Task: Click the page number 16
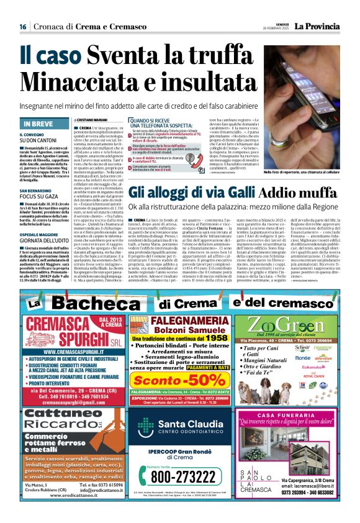pyautogui.click(x=22, y=27)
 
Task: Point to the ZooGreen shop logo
pyautogui.click(x=304, y=325)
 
